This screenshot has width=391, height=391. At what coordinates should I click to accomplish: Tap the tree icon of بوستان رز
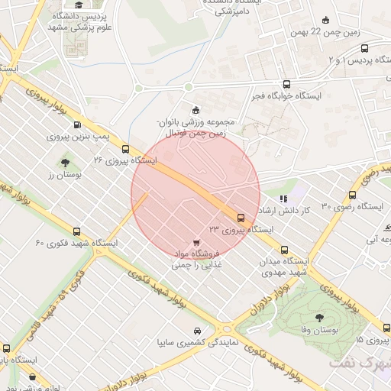click(66, 162)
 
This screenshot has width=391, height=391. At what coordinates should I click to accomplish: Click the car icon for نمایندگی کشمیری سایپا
click(199, 331)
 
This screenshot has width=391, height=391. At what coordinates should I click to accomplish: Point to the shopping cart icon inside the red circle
click(197, 242)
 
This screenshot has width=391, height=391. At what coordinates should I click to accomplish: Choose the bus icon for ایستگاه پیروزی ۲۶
click(125, 149)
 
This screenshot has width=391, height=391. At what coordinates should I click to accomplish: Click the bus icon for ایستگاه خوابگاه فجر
click(286, 85)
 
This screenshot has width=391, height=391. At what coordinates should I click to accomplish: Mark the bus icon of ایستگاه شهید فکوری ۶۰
click(76, 231)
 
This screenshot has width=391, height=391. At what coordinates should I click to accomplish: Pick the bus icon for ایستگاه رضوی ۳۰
click(352, 195)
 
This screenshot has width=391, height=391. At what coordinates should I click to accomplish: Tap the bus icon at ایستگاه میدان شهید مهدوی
click(285, 249)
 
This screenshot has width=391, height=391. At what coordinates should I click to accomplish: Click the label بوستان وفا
click(318, 330)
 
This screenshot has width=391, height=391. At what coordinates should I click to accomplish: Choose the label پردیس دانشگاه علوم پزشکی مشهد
click(85, 21)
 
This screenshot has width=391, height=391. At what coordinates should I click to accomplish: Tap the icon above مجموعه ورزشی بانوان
click(195, 109)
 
